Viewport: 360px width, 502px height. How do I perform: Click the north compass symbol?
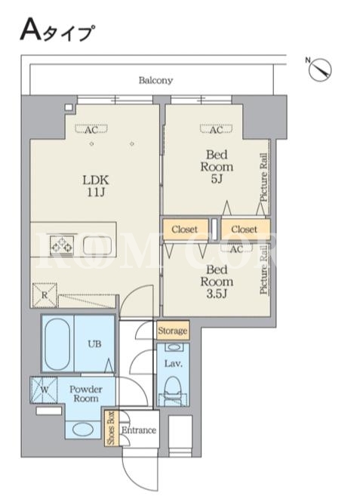[320, 69]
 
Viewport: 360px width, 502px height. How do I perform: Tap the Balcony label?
[155, 80]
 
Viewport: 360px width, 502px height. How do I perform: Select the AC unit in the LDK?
[91, 129]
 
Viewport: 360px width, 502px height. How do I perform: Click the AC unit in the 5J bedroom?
[217, 129]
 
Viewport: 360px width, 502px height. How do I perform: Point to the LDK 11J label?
[96, 186]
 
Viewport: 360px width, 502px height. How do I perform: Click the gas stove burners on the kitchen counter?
[61, 245]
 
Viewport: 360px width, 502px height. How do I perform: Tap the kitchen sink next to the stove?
[97, 245]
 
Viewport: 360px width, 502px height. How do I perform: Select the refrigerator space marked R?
[45, 295]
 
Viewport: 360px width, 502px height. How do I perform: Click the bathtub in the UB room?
[57, 344]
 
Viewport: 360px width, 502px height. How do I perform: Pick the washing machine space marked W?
[45, 390]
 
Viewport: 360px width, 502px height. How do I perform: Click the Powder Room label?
[86, 394]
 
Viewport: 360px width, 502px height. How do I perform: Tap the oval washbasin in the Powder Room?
[82, 430]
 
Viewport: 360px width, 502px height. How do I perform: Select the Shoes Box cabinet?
[112, 428]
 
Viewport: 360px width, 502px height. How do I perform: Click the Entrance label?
[139, 430]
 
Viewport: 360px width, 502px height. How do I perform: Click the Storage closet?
[173, 330]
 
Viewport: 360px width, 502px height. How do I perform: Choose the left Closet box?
[185, 229]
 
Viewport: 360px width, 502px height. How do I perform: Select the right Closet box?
[245, 229]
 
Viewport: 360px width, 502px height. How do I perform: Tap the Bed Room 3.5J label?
[217, 282]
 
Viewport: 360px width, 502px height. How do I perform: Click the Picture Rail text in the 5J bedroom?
[263, 177]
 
